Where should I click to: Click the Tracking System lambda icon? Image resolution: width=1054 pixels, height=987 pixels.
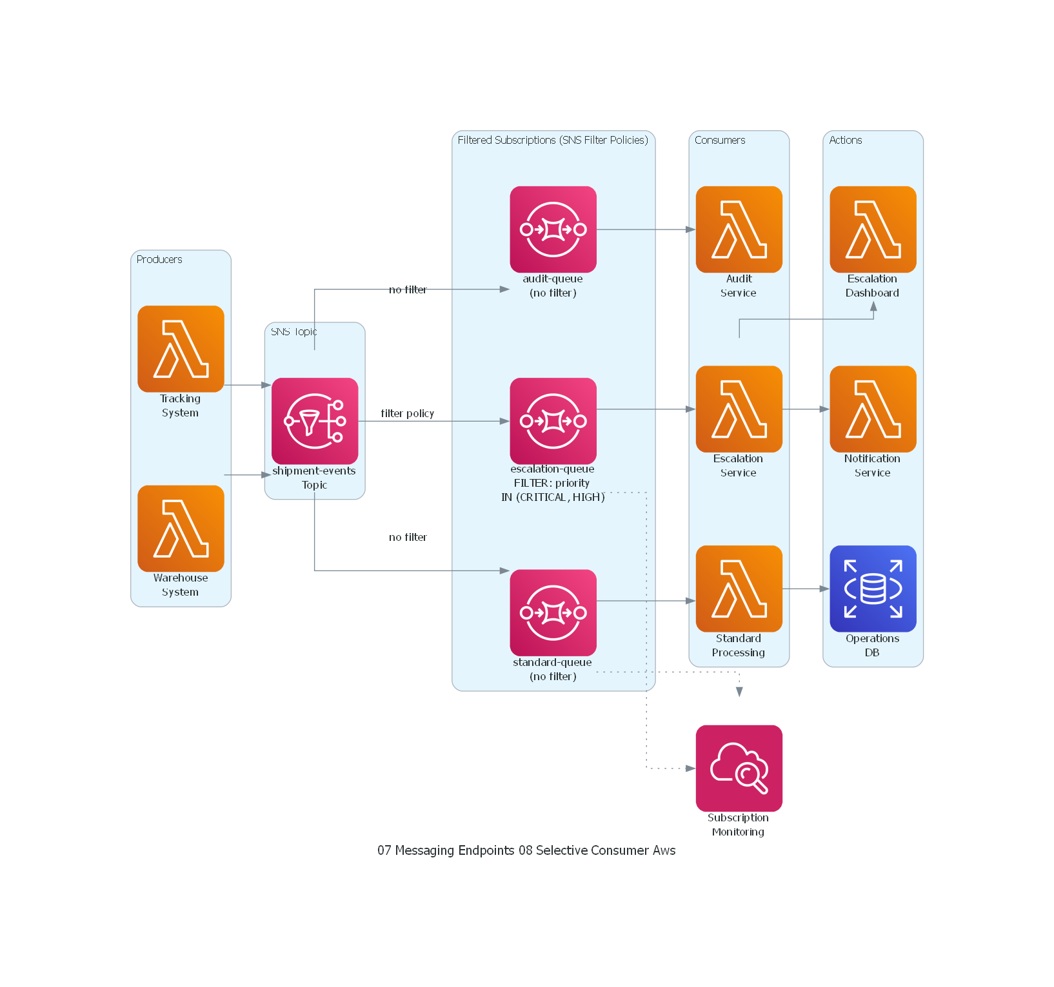click(x=181, y=349)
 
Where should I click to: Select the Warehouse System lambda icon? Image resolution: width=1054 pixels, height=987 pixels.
click(x=181, y=528)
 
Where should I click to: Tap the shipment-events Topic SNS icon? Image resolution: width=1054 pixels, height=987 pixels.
click(x=315, y=421)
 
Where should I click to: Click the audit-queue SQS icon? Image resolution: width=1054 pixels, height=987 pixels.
click(x=553, y=230)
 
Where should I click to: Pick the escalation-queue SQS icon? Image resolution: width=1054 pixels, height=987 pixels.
click(x=553, y=421)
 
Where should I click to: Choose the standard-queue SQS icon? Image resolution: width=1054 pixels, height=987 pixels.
click(x=553, y=612)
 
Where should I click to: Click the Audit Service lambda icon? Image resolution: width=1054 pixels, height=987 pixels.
click(x=739, y=230)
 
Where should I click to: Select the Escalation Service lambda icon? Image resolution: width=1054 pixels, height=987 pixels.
click(x=739, y=409)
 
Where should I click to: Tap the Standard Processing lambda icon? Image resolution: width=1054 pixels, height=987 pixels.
click(x=739, y=589)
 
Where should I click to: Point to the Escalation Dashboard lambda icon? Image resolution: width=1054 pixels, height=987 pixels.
click(x=873, y=230)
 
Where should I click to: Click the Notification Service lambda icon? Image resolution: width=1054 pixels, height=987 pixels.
click(x=873, y=409)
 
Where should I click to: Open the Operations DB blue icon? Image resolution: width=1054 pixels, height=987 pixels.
click(x=873, y=589)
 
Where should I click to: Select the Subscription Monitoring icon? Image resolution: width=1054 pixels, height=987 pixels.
click(x=739, y=768)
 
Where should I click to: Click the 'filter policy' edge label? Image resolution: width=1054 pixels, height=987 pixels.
click(x=407, y=413)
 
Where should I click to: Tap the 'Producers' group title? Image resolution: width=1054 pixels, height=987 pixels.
click(x=159, y=259)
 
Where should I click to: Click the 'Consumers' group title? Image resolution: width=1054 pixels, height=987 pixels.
click(x=719, y=140)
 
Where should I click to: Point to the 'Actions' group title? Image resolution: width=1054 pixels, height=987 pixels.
click(x=845, y=140)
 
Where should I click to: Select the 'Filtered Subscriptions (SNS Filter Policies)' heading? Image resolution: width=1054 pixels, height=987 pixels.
click(x=553, y=140)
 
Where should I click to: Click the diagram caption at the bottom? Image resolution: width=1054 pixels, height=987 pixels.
click(x=526, y=850)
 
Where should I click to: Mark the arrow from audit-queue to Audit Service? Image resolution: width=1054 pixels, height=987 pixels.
click(x=645, y=230)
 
